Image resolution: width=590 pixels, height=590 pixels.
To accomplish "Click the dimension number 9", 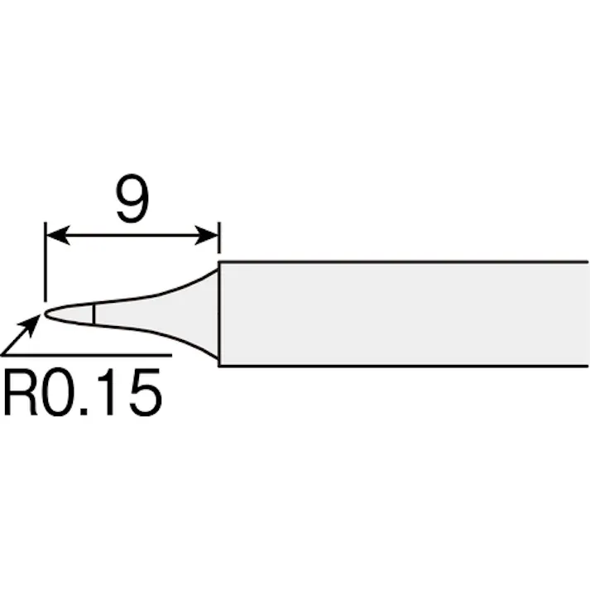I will (132, 199).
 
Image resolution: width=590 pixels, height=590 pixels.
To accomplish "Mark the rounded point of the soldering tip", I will (47, 313).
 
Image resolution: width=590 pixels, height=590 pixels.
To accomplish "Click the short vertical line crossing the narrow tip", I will (94, 314).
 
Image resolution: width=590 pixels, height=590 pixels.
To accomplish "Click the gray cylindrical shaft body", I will (405, 314).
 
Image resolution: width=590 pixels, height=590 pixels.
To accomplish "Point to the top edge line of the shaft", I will (405, 263).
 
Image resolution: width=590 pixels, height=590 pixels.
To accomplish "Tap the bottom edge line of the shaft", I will (405, 365).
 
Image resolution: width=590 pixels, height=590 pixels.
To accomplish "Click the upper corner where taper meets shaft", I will (219, 264).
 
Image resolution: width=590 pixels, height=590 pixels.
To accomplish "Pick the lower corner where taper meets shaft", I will (219, 364).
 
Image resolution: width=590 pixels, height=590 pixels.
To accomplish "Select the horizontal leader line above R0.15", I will (91, 355).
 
